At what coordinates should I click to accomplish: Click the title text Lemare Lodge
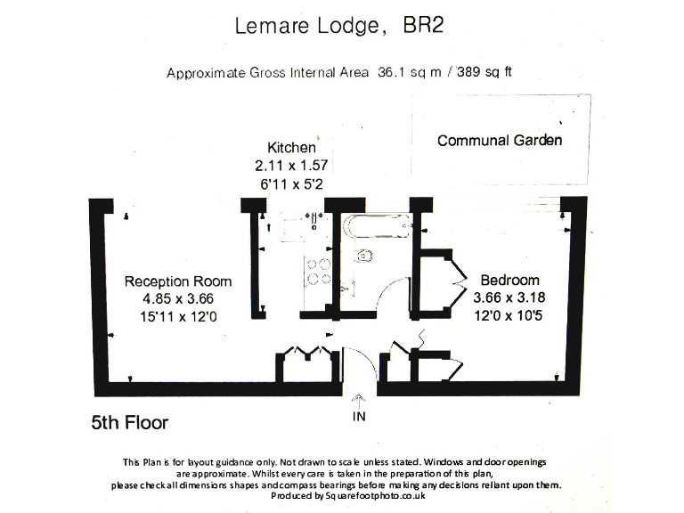pyautogui.click(x=305, y=26)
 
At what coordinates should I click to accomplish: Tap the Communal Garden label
pyautogui.click(x=499, y=141)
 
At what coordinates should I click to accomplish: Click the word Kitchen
pyautogui.click(x=290, y=147)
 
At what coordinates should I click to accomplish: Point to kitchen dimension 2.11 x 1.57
pyautogui.click(x=291, y=166)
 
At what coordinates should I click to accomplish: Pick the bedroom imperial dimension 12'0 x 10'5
pyautogui.click(x=510, y=314)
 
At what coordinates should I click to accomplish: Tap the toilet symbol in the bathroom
pyautogui.click(x=364, y=257)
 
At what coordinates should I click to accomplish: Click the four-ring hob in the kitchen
pyautogui.click(x=318, y=271)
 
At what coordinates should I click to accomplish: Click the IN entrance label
pyautogui.click(x=359, y=416)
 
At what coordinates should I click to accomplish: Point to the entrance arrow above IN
pyautogui.click(x=359, y=400)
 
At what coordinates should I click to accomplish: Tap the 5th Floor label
pyautogui.click(x=130, y=422)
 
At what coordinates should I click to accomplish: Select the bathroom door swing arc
pyautogui.click(x=393, y=293)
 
